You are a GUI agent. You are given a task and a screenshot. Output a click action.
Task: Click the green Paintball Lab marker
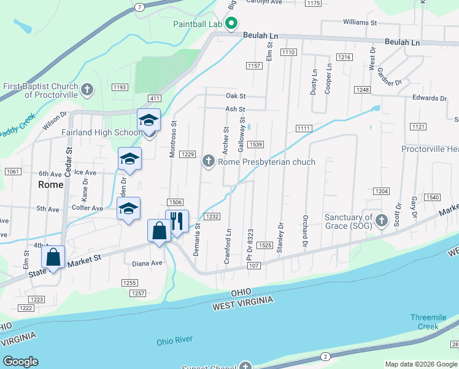pos(231,25)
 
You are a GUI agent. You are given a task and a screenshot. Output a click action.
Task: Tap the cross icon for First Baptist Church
pos(87,90)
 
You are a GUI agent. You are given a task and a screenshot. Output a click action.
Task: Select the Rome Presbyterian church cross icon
pos(208,162)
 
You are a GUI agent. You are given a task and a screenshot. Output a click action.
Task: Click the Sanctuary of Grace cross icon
pos(382,221)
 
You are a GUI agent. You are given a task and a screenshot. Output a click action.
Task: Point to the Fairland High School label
pos(101,132)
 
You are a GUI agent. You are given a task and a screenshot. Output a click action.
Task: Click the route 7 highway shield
pos(140,7)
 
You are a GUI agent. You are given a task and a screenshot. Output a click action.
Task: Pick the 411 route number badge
pos(154,98)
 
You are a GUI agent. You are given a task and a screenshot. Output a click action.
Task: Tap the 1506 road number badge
pos(175,202)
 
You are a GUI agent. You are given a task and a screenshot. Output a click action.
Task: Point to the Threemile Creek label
pos(433,322)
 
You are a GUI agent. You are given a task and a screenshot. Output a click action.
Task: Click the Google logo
pos(20,362)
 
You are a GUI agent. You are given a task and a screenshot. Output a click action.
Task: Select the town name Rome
pos(50,184)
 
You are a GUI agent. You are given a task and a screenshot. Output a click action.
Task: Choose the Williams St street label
pos(360,22)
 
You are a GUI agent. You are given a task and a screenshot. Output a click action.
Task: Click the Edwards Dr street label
pos(430,98)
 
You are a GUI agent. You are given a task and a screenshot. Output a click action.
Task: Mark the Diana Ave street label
pos(147,263)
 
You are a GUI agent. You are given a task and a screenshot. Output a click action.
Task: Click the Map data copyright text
pos(420,364)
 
